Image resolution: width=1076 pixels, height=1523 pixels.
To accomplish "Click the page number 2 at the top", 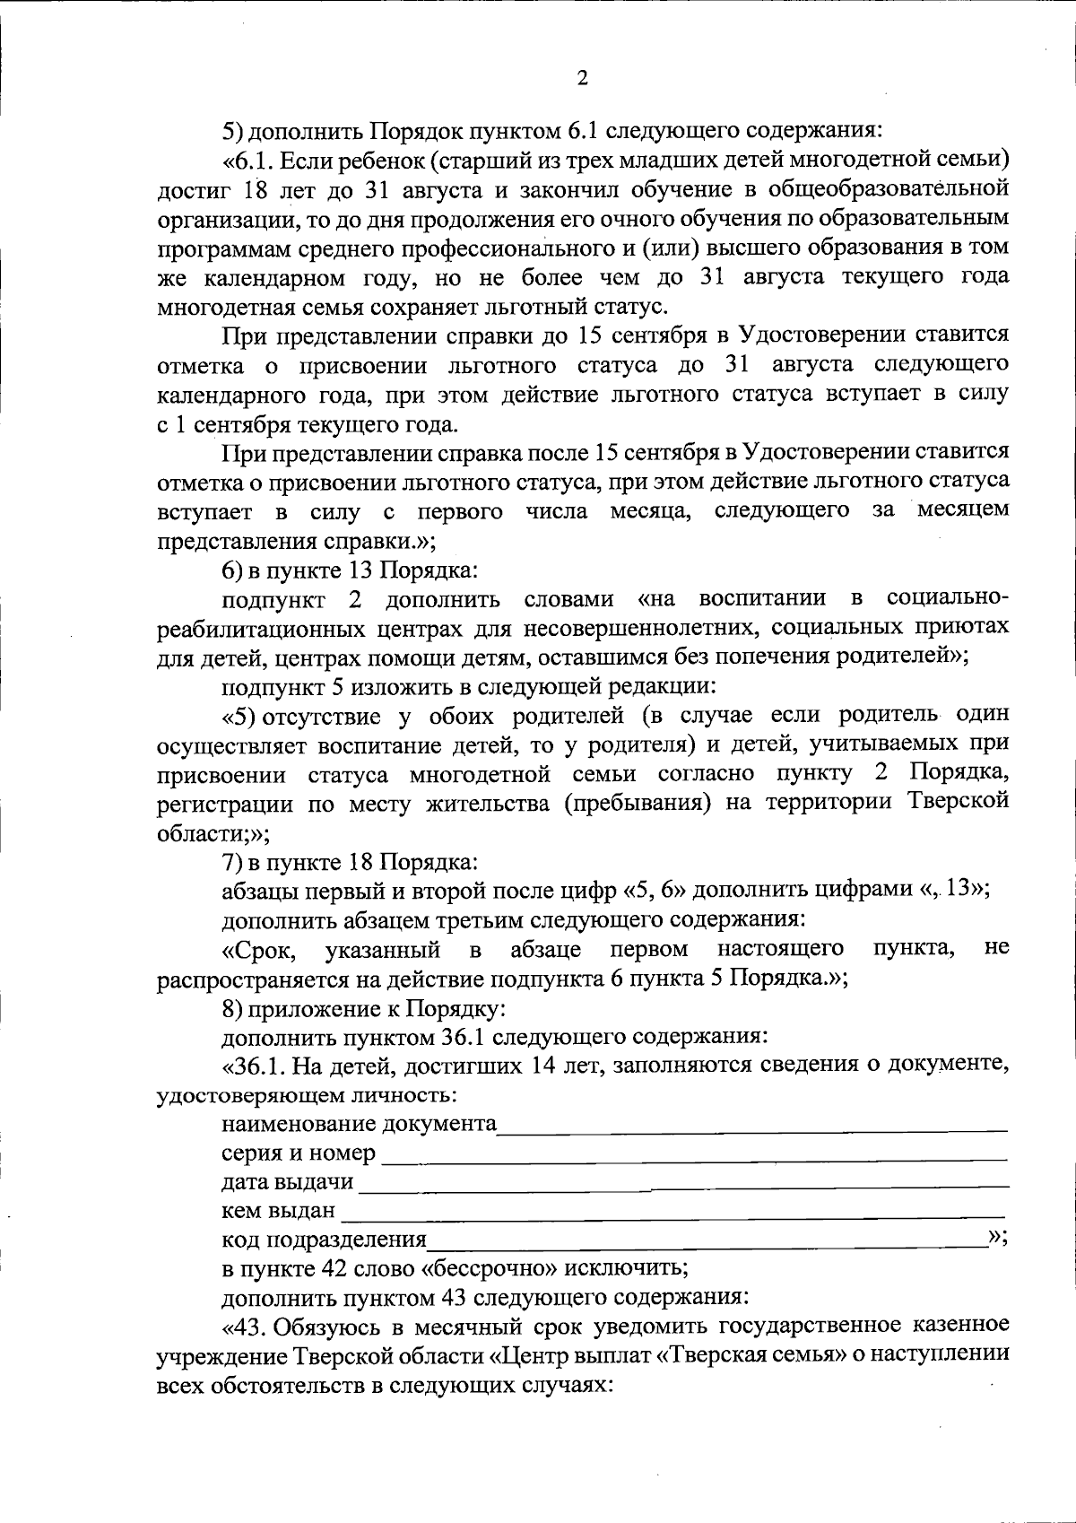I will [x=582, y=79].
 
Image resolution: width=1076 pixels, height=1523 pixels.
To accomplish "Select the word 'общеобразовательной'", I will [x=896, y=189].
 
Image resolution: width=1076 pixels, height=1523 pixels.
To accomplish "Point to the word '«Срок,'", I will [x=262, y=949].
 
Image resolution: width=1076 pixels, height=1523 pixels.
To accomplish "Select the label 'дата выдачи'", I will [x=288, y=1181].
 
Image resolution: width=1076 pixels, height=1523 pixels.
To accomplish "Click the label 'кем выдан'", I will [x=278, y=1211].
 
